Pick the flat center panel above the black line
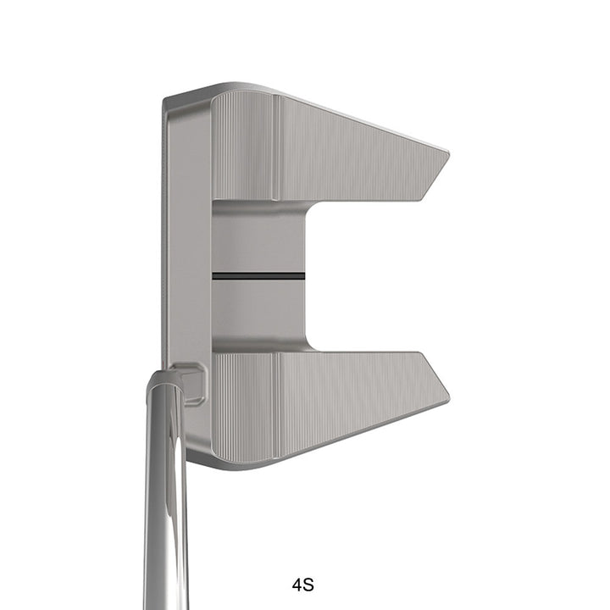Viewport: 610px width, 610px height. (x=258, y=241)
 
